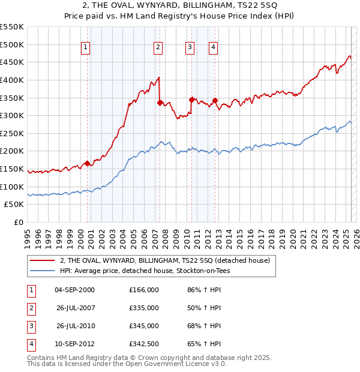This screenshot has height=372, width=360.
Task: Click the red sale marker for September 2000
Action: (88, 163)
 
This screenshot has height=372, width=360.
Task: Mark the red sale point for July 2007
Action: (160, 103)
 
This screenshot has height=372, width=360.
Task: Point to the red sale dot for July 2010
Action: (191, 99)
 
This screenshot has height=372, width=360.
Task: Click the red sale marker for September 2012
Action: (215, 100)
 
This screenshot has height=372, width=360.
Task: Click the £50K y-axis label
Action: (14, 205)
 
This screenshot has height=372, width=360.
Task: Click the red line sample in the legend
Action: (42, 260)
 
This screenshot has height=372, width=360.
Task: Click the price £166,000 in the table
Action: (143, 290)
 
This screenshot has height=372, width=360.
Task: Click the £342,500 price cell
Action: (143, 344)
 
